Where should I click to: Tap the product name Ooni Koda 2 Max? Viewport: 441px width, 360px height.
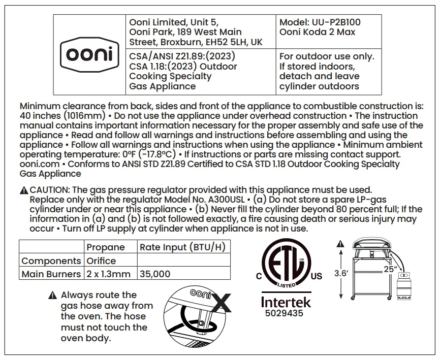pos(317,32)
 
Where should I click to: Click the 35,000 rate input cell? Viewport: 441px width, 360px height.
pos(155,274)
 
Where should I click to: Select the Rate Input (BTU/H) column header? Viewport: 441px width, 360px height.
pos(182,247)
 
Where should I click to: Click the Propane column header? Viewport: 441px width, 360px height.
pos(105,247)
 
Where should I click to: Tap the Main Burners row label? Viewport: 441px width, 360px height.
pos(51,274)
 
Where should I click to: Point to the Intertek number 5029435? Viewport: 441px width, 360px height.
pos(284,313)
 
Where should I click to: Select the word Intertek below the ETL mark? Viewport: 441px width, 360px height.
pos(286,302)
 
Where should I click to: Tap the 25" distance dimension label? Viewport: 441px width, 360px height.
pos(390,269)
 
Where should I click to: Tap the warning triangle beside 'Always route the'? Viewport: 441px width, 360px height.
pos(52,295)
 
